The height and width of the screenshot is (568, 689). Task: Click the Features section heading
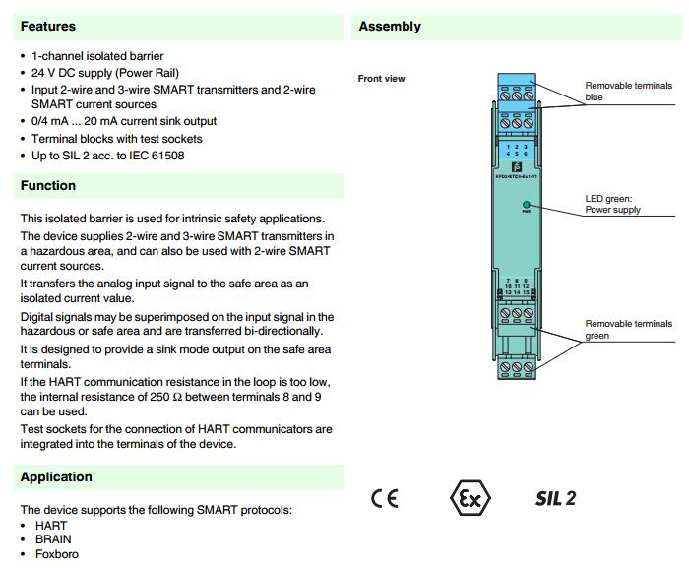(48, 26)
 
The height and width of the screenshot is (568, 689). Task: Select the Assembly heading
(390, 26)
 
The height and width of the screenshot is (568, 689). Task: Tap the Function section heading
(48, 185)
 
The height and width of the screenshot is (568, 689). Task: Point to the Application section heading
(56, 476)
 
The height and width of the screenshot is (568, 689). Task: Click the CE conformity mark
(385, 498)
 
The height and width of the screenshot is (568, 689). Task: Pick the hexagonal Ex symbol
(470, 498)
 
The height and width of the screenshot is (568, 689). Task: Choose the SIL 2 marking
(556, 498)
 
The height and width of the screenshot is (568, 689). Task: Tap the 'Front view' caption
(381, 79)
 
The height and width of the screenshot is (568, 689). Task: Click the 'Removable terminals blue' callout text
(628, 92)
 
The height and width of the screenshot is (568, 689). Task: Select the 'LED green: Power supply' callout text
(612, 204)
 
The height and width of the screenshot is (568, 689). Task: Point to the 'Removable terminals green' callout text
(628, 329)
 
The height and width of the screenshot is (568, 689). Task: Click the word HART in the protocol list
(51, 526)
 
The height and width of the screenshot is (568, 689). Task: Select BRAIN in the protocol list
(53, 539)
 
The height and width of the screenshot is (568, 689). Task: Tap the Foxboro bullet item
(56, 554)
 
